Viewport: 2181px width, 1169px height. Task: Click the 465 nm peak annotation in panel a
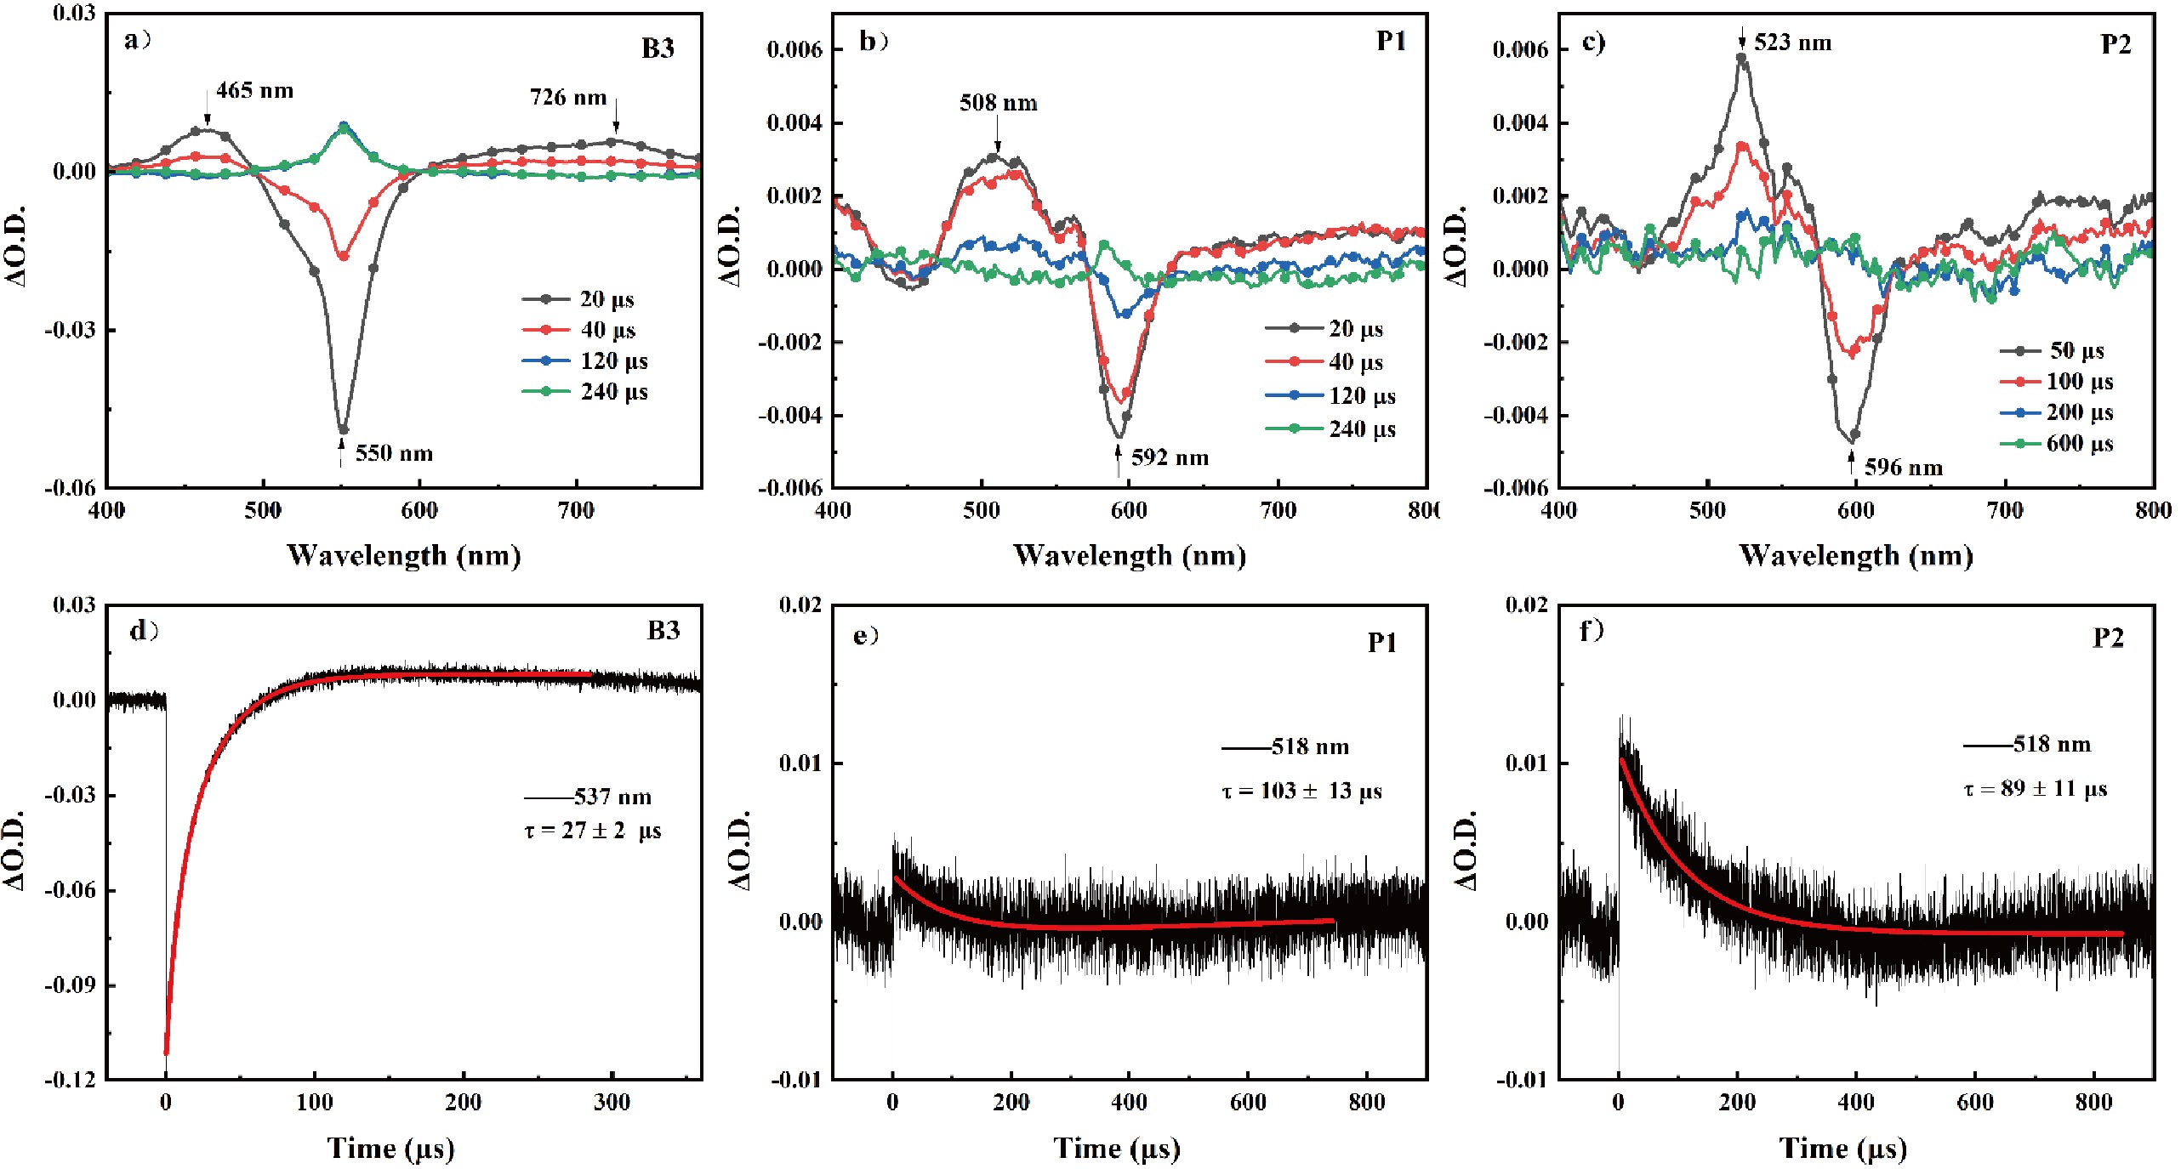point(254,90)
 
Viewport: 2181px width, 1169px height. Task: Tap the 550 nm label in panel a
point(394,453)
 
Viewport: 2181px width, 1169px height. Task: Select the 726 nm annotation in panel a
point(568,98)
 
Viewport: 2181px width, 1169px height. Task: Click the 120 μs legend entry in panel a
point(613,361)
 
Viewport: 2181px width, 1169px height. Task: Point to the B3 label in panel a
point(658,48)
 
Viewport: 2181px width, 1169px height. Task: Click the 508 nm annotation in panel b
point(999,103)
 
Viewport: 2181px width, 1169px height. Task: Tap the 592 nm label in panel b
point(1170,458)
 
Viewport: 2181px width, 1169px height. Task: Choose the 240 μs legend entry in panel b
point(1362,429)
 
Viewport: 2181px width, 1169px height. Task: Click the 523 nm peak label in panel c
point(1792,43)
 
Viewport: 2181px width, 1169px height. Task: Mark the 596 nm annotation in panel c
point(1904,468)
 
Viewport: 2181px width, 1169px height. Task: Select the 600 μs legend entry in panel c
point(2079,444)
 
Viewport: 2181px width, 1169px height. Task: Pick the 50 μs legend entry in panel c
point(2076,350)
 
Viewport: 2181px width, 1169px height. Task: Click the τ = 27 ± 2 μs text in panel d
point(592,831)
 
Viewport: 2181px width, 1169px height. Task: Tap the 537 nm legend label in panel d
point(612,797)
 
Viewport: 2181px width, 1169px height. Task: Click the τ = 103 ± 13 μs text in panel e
point(1301,792)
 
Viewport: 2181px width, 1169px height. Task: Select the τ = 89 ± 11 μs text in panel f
point(2035,789)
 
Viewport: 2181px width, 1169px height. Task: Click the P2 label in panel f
point(2108,638)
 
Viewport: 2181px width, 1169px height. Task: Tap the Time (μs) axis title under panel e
point(1117,1149)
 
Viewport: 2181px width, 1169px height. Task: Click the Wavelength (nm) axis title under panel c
point(1856,556)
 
